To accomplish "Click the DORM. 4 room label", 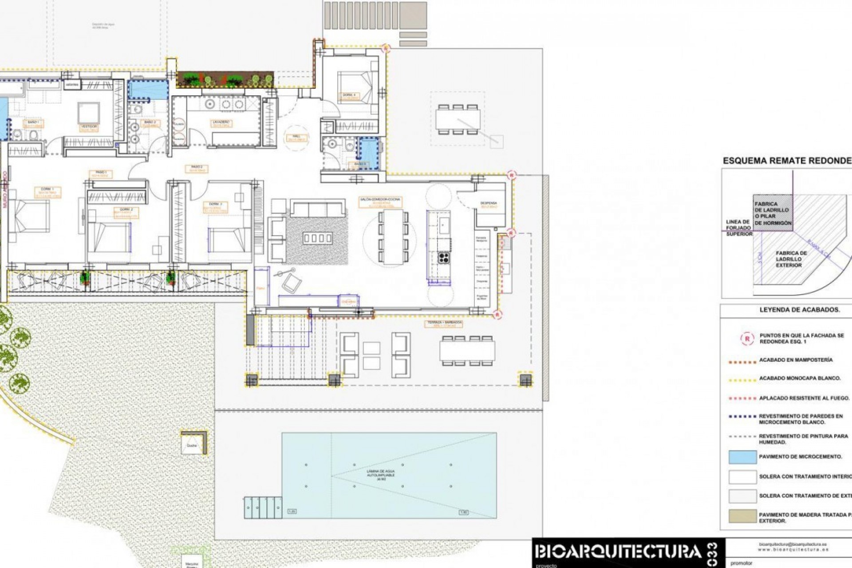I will tap(347, 95).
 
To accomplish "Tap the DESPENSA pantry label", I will tap(489, 204).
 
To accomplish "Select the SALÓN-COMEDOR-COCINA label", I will tap(380, 200).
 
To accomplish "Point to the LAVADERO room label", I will tap(221, 122).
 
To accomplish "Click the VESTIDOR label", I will tap(89, 126).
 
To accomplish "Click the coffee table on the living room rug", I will tap(317, 238).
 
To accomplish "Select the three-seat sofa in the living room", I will tap(318, 208).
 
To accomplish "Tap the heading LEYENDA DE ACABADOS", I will tap(799, 310).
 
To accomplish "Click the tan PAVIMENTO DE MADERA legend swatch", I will tap(742, 516).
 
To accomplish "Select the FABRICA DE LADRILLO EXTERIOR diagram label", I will tap(791, 259).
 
